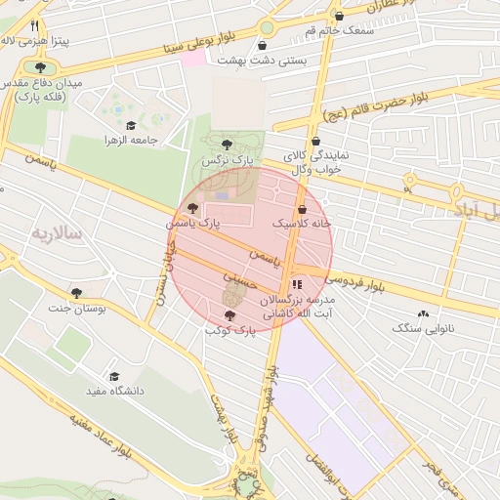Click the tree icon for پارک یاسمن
(x=192, y=208)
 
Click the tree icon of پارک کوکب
(x=229, y=315)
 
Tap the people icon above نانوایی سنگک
(x=422, y=313)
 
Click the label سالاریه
(x=59, y=233)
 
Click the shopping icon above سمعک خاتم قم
(x=339, y=17)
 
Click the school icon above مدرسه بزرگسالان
(x=297, y=284)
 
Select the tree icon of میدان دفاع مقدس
(x=40, y=67)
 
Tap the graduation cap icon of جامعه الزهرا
(x=132, y=124)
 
